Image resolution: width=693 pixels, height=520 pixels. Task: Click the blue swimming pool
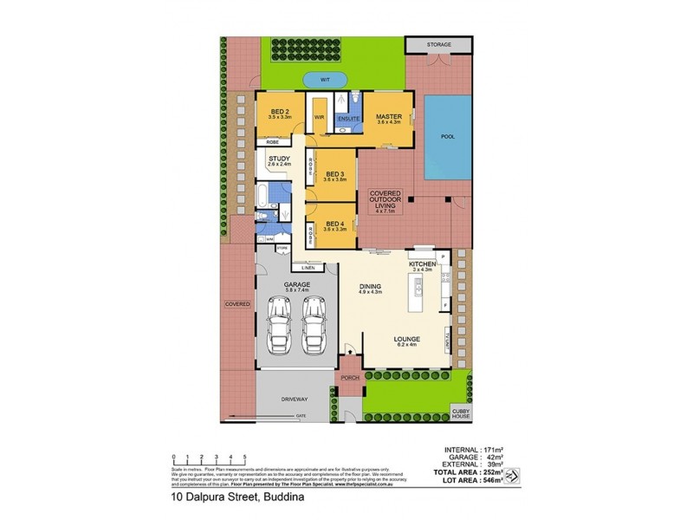tap(447, 137)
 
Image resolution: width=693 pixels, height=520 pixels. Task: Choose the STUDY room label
tap(279, 159)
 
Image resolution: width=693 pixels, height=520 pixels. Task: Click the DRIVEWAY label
tap(295, 400)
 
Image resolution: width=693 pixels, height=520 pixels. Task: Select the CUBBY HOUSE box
tap(460, 413)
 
